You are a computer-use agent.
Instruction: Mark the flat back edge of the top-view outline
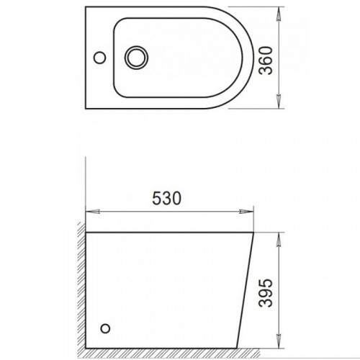85,61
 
